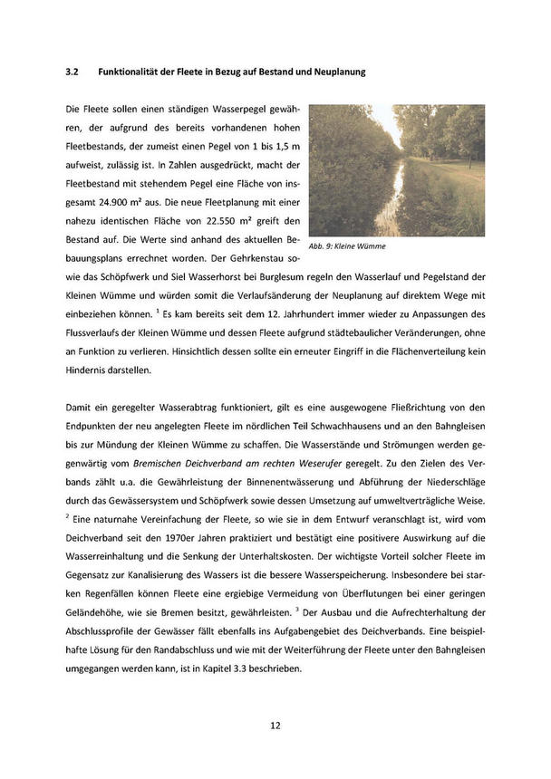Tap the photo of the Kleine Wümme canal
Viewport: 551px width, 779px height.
tap(397, 170)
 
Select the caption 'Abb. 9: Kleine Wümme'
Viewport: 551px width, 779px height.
tap(347, 245)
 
